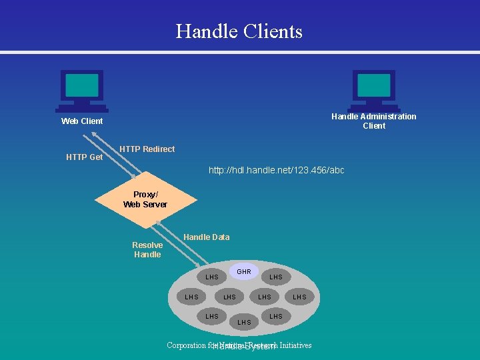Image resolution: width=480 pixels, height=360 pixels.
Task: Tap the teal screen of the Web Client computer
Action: click(81, 85)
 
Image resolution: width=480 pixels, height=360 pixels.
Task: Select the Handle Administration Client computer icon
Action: click(374, 90)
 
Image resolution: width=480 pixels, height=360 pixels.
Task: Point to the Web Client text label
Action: click(82, 121)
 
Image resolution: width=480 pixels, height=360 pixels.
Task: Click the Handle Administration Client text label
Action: click(374, 121)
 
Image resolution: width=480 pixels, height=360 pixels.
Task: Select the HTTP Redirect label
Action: click(147, 149)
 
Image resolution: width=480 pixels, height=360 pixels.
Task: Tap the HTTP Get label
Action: click(85, 157)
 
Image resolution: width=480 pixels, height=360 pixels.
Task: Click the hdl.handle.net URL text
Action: click(276, 170)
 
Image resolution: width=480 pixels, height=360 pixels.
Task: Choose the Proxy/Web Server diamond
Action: click(146, 200)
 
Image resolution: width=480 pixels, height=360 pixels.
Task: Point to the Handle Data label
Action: click(206, 237)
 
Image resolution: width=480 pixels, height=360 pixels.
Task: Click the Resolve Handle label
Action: click(147, 249)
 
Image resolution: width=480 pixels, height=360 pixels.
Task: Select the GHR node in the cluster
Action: click(244, 271)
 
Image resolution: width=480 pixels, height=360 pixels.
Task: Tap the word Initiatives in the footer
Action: click(295, 345)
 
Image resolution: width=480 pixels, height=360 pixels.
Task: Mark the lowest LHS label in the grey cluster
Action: click(245, 322)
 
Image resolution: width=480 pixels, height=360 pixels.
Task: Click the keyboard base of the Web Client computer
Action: click(81, 108)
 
